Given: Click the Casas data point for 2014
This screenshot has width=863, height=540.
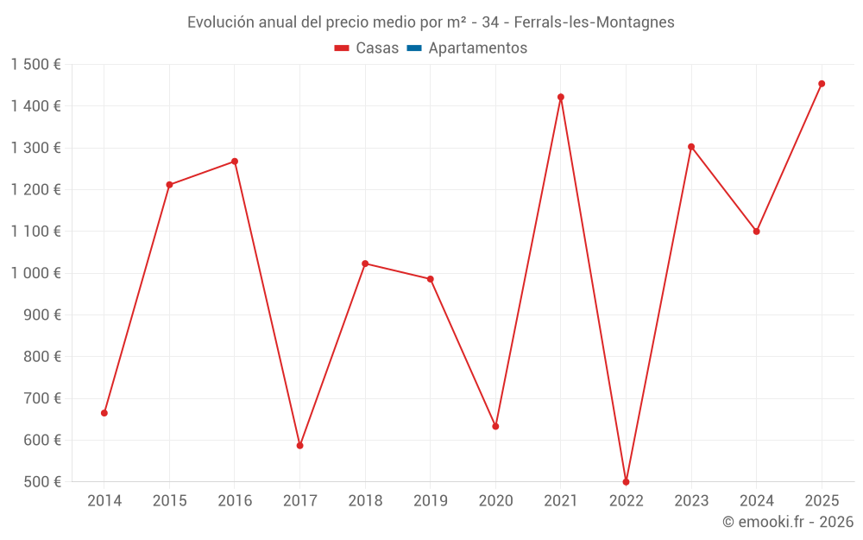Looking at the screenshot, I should point(104,413).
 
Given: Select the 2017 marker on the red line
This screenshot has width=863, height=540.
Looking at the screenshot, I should point(299,446).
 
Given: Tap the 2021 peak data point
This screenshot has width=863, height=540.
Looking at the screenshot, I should point(561,97).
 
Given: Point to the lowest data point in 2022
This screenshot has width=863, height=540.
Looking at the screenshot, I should point(626,481).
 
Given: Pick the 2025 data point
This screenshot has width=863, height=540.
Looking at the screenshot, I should point(822,84).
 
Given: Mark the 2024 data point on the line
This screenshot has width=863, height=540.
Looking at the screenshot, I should point(757,232).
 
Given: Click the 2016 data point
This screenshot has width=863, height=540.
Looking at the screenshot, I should point(235,162).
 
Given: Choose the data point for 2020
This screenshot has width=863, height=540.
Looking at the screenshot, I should point(495,426).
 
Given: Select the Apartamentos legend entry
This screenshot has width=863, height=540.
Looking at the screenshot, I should point(477,48).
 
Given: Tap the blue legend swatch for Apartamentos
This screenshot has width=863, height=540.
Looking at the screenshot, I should point(414,48).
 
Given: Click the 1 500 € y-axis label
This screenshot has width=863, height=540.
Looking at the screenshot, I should point(35,65).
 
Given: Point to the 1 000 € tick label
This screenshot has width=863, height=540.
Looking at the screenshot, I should point(35,273).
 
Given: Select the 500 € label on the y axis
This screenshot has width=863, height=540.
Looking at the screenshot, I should point(41,482).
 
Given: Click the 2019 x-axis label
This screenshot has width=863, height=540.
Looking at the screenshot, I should point(430,501).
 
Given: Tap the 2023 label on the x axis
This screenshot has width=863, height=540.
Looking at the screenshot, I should point(691,501).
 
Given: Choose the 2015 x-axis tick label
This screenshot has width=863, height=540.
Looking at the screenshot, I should point(169,501).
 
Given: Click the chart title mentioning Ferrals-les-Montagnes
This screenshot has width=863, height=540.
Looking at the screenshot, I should point(431,22).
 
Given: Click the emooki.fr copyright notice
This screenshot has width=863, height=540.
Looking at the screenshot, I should point(787,522).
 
